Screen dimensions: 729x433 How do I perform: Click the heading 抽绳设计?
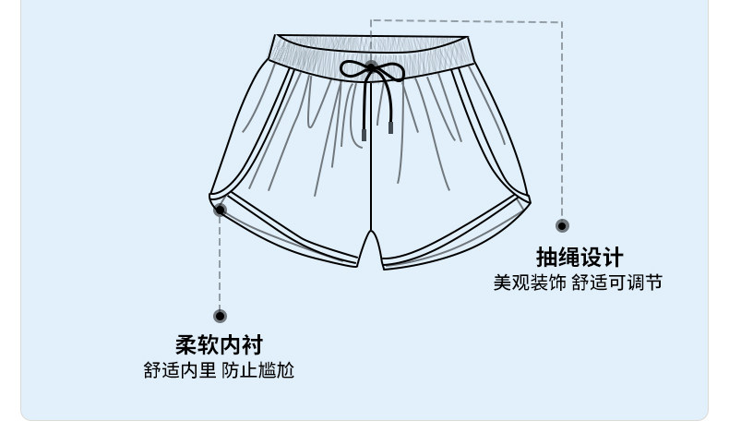coord(580,258)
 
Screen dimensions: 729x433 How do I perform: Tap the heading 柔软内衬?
coord(220,345)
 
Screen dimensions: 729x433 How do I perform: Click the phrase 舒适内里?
coord(179,371)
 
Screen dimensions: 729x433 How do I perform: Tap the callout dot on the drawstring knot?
coord(371,67)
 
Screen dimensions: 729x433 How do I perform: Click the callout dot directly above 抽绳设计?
coord(562,226)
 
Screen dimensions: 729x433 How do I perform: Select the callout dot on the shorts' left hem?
coord(221,210)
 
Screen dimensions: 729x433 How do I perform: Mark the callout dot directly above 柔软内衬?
coord(221,317)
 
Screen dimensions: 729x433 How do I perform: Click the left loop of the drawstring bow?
coord(353,68)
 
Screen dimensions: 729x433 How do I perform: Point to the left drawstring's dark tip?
coord(364,134)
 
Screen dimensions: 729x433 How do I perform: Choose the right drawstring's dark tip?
coord(390,127)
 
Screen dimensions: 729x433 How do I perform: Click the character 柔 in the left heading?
coord(186,345)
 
